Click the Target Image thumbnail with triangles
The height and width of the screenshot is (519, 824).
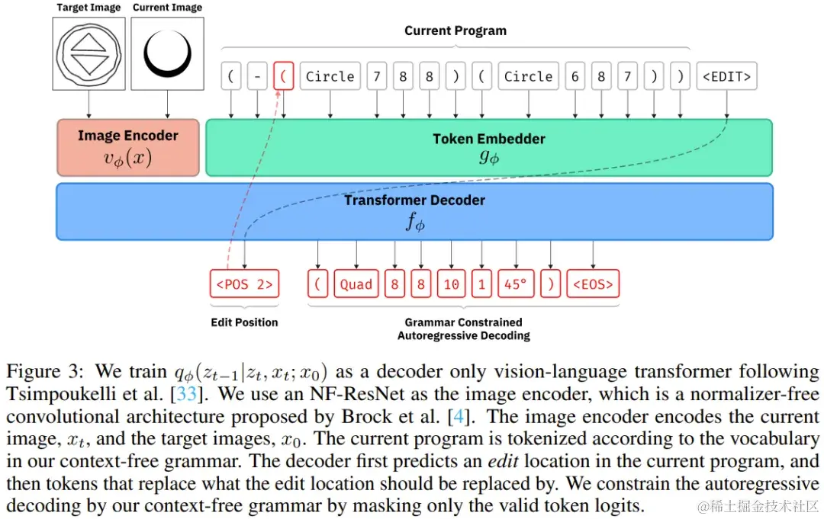click(89, 54)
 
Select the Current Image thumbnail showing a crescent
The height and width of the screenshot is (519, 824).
click(166, 54)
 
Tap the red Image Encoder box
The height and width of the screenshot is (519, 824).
click(127, 147)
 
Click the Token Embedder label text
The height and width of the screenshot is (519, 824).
click(489, 139)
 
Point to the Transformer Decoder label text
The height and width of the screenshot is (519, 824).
click(414, 200)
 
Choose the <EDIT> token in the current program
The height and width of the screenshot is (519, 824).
click(726, 76)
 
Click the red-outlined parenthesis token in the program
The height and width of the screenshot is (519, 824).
click(283, 76)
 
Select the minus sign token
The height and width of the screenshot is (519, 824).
click(257, 76)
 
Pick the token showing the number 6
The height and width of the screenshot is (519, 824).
click(575, 76)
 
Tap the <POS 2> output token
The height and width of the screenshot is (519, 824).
click(244, 284)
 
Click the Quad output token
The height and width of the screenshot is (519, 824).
click(356, 284)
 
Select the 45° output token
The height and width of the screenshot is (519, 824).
click(515, 284)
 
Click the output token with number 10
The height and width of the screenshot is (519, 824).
click(451, 284)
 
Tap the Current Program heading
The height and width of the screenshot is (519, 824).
click(455, 31)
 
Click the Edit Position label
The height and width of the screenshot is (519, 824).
click(244, 322)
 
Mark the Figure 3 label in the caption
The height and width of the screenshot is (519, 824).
click(46, 373)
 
